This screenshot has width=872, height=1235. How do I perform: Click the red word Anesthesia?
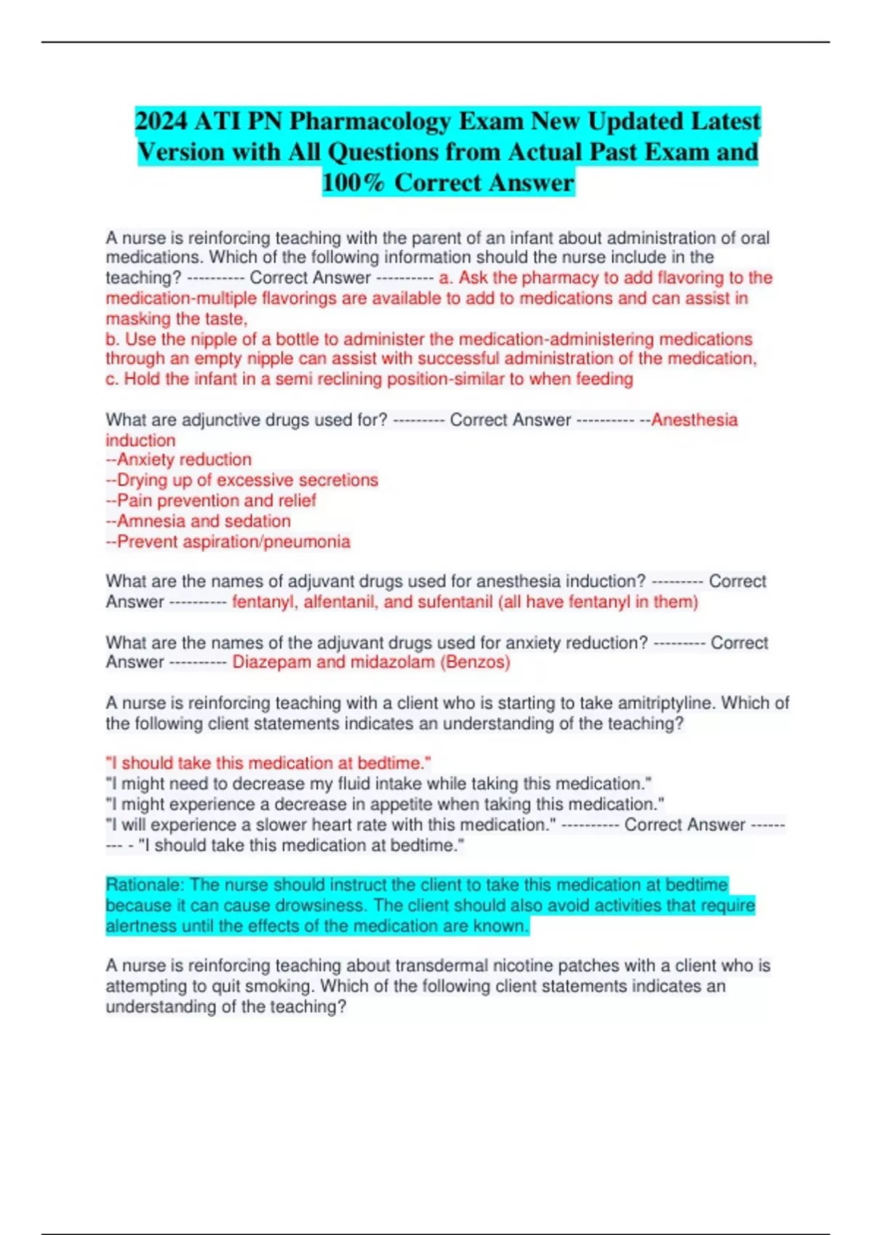[x=694, y=420]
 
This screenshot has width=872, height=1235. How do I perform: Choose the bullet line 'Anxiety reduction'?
[x=184, y=460]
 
